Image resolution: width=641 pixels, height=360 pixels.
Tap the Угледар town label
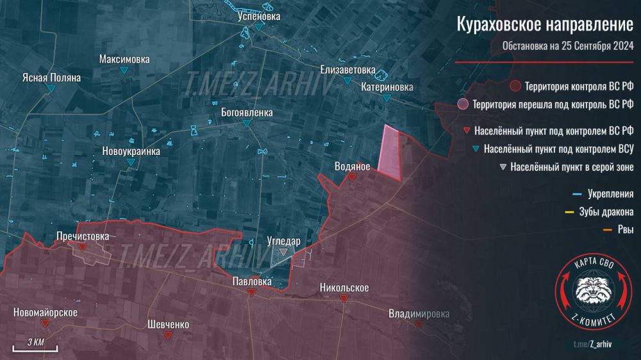pos(283,241)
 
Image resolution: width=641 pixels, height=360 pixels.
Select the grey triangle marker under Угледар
pos(283,252)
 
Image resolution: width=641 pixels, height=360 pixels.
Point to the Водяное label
pos(352,167)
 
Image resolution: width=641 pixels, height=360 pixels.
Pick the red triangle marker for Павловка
pos(252,291)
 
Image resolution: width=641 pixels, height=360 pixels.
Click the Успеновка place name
pos(258,17)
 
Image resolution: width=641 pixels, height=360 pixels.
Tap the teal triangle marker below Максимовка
pos(124,70)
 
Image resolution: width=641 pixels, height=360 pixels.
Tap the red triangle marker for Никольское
pos(344,299)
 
